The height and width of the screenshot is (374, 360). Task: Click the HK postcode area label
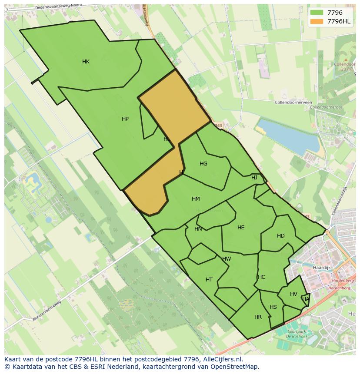pos(86,62)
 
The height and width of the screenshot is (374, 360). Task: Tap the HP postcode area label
pos(125,119)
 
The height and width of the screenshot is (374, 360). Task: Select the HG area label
pos(203,164)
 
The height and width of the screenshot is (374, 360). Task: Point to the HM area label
pos(196,199)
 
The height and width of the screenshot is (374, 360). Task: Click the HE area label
pos(241,228)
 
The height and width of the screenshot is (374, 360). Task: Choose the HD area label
pos(281,236)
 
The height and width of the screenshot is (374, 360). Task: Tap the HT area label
pos(209,280)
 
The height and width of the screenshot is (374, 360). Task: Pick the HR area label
pos(258,317)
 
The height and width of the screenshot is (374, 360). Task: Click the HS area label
pos(273,307)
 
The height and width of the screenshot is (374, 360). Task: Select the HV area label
pos(293,294)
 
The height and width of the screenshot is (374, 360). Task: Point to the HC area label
pos(261,277)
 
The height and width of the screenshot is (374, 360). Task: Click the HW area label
pos(227,259)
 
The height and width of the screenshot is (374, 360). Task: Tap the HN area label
pos(198,229)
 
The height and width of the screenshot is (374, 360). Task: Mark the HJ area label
pos(254,178)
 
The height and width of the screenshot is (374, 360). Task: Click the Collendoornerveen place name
pos(293,103)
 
